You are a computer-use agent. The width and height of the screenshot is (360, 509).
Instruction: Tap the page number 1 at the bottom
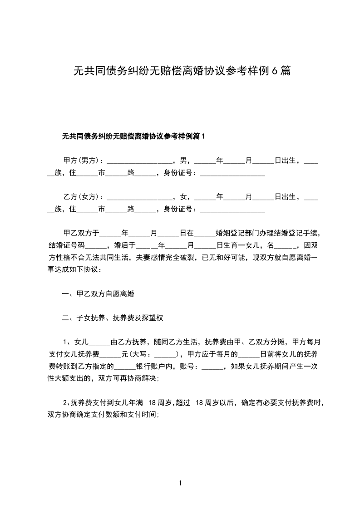(180, 483)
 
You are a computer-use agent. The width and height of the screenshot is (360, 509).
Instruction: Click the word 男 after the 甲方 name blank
(183, 161)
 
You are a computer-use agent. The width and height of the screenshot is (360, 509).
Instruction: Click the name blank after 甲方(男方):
(139, 162)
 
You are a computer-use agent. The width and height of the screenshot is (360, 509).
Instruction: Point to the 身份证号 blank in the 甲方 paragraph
(232, 174)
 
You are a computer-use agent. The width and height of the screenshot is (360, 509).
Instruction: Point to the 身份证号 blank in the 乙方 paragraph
(232, 210)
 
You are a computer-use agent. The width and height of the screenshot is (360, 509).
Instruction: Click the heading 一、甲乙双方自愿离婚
(98, 294)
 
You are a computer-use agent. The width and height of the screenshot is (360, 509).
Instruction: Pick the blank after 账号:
(211, 367)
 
